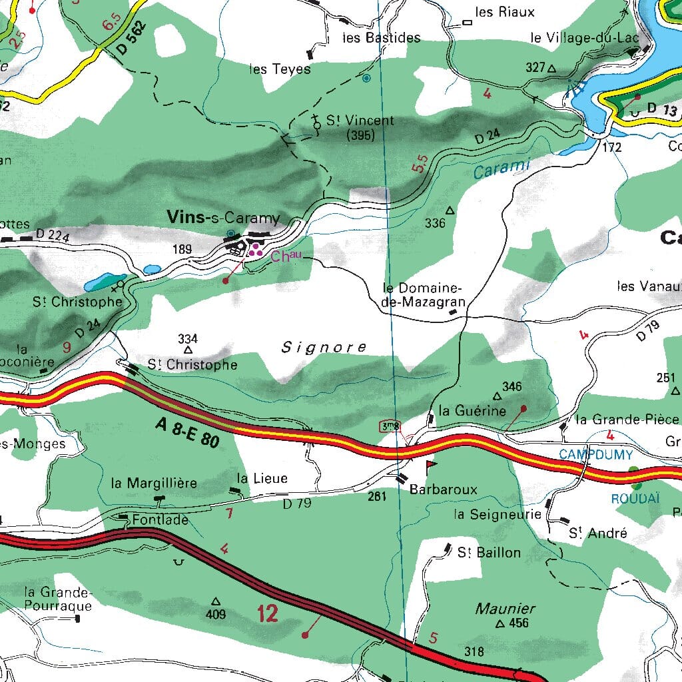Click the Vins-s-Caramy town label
(x=224, y=218)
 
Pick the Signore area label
(x=324, y=347)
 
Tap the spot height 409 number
(x=216, y=614)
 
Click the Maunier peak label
(x=506, y=608)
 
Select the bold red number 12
(x=267, y=613)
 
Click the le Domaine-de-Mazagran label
(x=423, y=295)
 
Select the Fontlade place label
(x=160, y=519)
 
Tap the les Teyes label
(x=280, y=69)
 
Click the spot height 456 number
(x=518, y=623)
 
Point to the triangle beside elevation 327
(x=551, y=68)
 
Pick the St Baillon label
(x=489, y=552)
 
